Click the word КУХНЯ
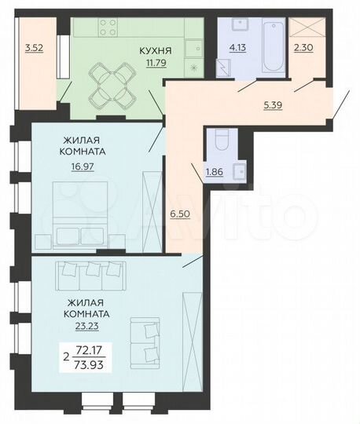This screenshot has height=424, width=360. pyautogui.click(x=156, y=52)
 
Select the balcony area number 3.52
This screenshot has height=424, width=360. pyautogui.click(x=33, y=48)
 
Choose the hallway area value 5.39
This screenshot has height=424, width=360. pyautogui.click(x=269, y=101)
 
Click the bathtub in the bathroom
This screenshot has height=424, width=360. pyautogui.click(x=268, y=47)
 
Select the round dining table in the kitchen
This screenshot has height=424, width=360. pyautogui.click(x=108, y=83)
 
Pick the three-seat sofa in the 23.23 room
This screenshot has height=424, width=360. pyautogui.click(x=90, y=272)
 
